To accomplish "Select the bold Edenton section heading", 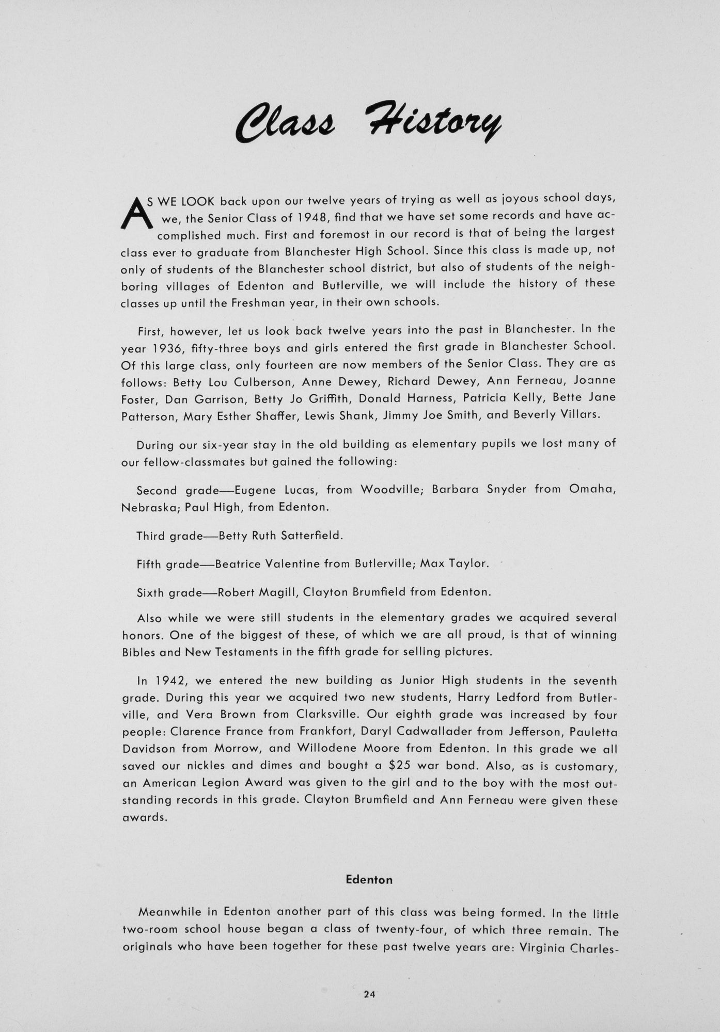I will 369,880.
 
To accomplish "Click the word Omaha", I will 592,489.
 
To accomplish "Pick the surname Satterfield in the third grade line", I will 311,536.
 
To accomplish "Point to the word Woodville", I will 390,489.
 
